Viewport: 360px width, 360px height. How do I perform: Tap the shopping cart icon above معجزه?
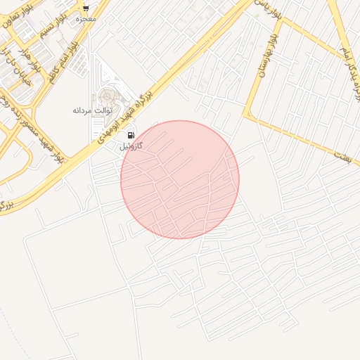point(86,8)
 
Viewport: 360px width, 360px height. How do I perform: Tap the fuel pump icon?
point(131,135)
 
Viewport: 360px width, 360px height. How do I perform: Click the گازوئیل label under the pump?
point(131,146)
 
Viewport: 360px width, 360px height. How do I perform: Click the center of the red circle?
point(180,179)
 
